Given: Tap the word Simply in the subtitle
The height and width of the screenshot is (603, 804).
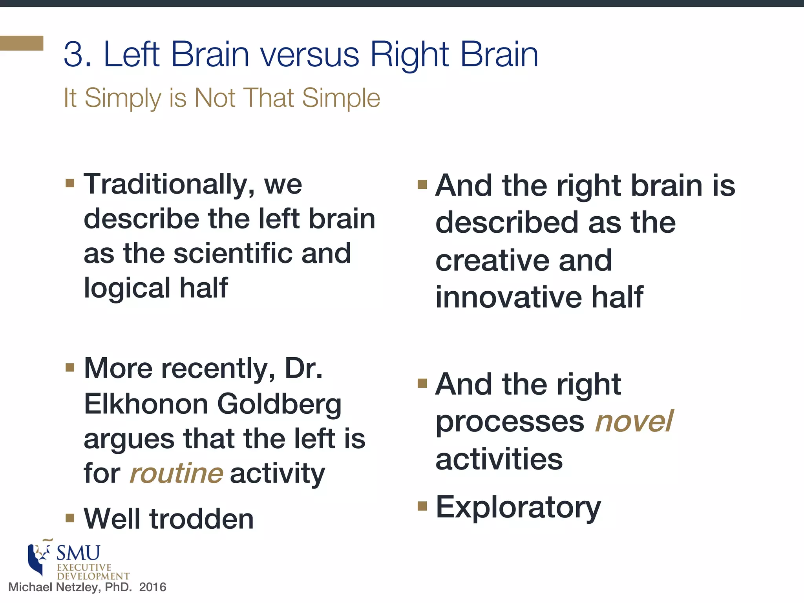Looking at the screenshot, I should click(x=122, y=98).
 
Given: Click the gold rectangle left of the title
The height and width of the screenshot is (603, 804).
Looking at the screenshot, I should click(x=21, y=43).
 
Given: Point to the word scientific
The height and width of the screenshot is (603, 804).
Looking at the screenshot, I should click(x=232, y=253).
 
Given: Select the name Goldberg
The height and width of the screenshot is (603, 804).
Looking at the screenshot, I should click(x=279, y=405).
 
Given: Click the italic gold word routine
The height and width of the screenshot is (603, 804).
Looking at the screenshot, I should click(x=176, y=473).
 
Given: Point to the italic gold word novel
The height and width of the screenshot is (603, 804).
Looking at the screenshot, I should click(x=634, y=421).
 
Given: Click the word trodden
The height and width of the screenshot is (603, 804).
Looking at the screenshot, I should click(x=202, y=519).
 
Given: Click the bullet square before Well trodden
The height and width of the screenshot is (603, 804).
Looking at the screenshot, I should click(x=70, y=518).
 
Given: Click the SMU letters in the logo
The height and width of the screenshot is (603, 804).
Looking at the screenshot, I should click(x=79, y=553).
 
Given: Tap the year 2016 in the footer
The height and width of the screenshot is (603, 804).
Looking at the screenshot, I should click(x=153, y=587).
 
